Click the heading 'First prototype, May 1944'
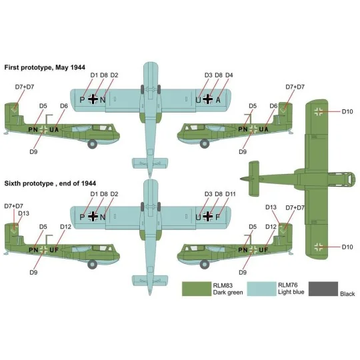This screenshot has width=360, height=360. pos(45,67)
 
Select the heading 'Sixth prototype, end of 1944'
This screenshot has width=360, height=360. pos(50,183)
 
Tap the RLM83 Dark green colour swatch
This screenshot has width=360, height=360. pos(197,289)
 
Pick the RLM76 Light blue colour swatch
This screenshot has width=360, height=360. pos(262,289)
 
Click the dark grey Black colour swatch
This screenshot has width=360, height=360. pos(323,289)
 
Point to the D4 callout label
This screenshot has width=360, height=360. pos(229,75)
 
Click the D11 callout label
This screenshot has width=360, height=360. pos(231,194)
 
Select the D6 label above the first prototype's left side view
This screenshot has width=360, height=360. pos(64,106)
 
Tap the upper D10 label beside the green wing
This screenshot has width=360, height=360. pos(347,111)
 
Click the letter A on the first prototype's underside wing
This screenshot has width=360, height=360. pos(218,100)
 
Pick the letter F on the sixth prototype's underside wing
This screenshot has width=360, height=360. pos(218,217)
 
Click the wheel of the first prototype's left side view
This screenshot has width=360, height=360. pos(92,144)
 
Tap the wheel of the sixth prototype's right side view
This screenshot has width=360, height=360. pos(205,264)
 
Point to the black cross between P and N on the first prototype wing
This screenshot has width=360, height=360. pos(93,99)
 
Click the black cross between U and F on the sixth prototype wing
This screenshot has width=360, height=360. pos(208,216)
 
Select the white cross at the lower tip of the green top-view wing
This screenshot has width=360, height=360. pos(319,247)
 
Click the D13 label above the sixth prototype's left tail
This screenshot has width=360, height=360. pos(23,213)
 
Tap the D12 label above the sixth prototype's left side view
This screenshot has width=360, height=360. pos(65,227)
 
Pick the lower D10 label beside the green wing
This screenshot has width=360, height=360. pos(347,247)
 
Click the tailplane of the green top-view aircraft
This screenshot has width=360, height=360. pos(254,179)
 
